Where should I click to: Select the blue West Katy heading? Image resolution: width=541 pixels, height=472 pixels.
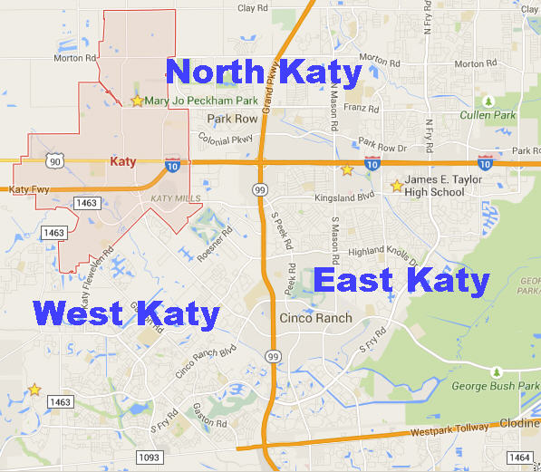pos(126,314)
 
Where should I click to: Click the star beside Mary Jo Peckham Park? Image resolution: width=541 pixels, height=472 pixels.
pos(137,101)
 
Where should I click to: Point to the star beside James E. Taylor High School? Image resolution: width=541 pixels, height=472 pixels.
pos(396,186)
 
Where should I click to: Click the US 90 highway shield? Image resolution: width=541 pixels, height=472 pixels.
pos(56,160)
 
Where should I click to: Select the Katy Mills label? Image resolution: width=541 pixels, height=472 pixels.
pos(173,198)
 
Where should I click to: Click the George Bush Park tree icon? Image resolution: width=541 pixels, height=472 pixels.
pos(496,372)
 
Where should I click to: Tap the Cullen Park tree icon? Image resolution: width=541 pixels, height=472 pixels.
pos(488,101)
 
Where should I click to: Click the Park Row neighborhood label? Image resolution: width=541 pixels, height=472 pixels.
pos(232,119)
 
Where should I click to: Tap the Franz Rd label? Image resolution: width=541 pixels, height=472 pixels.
pos(354,108)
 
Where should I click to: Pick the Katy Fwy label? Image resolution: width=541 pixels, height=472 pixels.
pos(28,190)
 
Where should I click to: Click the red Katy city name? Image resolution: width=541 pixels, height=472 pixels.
pos(122,161)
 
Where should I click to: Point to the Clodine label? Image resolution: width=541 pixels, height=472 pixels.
pos(521,424)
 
